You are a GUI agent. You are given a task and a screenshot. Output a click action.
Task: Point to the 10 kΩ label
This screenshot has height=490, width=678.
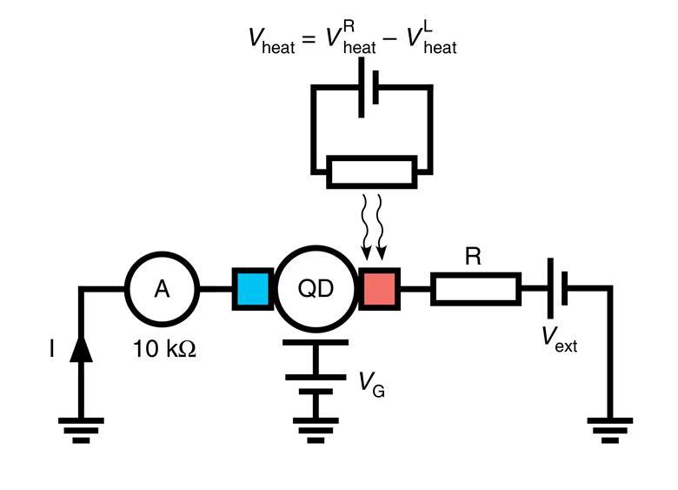[164, 350]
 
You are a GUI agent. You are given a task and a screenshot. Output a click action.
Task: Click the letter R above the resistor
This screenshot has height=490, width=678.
[473, 256]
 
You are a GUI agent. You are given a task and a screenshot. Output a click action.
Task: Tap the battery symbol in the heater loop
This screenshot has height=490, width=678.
[368, 88]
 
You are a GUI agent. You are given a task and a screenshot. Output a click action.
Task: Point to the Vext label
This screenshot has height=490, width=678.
[560, 340]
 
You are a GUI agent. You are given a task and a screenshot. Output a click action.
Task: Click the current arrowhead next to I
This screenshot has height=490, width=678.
[81, 348]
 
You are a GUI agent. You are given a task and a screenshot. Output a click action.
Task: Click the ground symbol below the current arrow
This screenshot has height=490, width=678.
[81, 428]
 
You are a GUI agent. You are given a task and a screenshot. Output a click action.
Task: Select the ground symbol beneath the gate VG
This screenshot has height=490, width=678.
[316, 428]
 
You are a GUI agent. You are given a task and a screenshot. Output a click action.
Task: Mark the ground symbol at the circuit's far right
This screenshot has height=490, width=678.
[610, 428]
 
